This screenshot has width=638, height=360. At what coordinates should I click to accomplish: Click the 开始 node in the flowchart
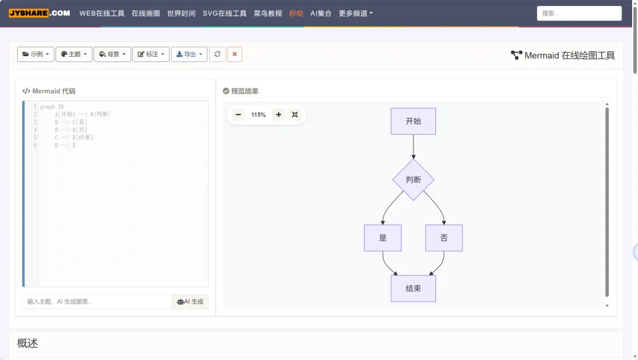coord(413,121)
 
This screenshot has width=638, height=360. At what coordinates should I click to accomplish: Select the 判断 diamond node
coord(413,179)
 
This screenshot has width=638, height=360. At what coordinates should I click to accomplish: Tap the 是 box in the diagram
coord(383,238)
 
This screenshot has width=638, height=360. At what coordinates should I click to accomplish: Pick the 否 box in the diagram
coord(444,238)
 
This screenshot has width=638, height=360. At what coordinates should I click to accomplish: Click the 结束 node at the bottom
coord(413,288)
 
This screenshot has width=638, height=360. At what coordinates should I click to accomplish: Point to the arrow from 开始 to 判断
coord(414,147)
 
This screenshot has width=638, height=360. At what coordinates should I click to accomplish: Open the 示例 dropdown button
coord(35,54)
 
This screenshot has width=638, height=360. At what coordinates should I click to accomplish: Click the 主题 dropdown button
coord(74,54)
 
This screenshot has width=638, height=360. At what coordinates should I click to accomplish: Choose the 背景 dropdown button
coord(112,54)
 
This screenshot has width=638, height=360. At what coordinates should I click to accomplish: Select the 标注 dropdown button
coord(151,54)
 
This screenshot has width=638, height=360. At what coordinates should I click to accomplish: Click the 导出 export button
coord(189,54)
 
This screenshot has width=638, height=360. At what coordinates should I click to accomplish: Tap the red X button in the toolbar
coord(235,54)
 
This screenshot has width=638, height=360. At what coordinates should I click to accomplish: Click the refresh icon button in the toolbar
coord(217,54)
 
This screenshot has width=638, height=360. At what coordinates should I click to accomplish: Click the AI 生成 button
coord(190,301)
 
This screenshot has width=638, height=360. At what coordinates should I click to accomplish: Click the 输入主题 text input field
coord(97,301)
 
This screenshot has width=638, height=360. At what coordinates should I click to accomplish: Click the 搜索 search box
coord(579,13)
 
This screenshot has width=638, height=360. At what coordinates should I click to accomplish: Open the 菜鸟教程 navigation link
coord(268,13)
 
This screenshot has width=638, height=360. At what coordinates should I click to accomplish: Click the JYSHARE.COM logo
coord(40,13)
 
